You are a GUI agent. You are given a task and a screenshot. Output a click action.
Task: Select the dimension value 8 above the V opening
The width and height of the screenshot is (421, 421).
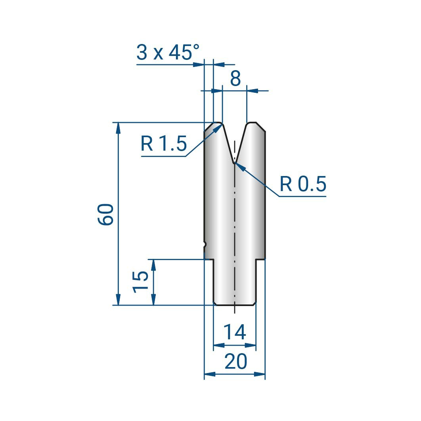(x=235, y=78)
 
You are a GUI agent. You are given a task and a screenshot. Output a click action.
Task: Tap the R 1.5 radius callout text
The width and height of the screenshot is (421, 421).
(x=164, y=144)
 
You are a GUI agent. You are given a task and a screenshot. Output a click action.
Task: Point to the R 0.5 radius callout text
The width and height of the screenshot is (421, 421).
(x=303, y=184)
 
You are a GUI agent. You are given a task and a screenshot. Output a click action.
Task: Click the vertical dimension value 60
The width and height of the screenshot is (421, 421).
(x=105, y=214)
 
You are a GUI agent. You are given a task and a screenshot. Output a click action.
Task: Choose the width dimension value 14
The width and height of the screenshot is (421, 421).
(x=234, y=332)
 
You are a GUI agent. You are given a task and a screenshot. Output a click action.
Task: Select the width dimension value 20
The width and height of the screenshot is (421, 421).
(x=235, y=362)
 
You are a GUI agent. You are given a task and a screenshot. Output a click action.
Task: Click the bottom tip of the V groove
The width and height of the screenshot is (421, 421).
(x=234, y=163)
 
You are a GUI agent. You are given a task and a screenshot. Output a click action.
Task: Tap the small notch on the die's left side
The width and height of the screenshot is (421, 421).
(x=205, y=245)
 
